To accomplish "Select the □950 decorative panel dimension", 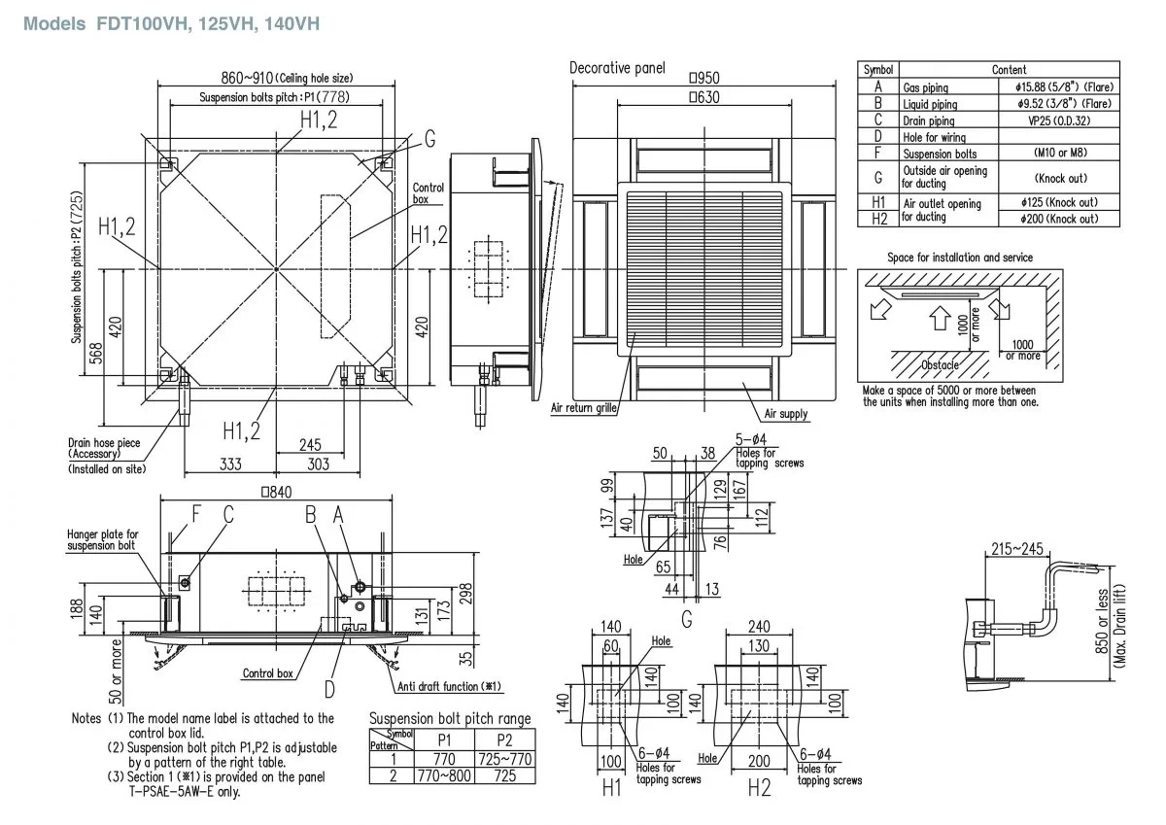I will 704,78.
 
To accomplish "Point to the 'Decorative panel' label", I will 617,67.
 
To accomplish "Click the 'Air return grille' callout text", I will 583,409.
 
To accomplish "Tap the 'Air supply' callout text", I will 786,414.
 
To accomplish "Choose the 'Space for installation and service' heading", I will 960,258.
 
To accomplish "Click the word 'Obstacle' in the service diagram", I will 940,364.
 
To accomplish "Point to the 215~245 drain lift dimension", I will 1016,550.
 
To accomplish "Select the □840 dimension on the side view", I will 276,493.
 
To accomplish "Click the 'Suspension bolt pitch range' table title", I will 450,719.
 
